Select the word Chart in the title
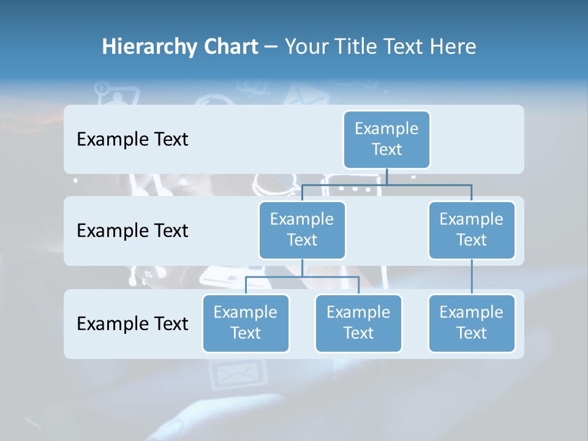click(x=232, y=47)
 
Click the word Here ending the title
click(x=451, y=47)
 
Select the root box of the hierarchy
click(x=386, y=139)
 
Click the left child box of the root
click(x=302, y=230)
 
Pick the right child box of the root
click(x=472, y=230)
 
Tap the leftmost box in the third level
click(x=246, y=323)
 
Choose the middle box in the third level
click(x=358, y=323)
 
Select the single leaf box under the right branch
click(x=472, y=323)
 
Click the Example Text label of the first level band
click(x=132, y=140)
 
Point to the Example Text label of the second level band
click(x=132, y=231)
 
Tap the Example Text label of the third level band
click(x=132, y=323)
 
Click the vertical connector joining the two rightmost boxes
click(x=472, y=277)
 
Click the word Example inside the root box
click(x=386, y=129)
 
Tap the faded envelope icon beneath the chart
click(x=236, y=374)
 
